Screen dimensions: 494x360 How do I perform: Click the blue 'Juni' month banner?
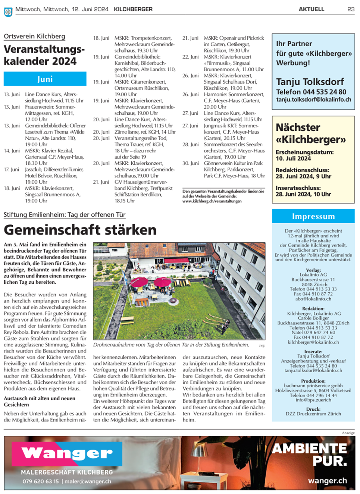tap(45, 79)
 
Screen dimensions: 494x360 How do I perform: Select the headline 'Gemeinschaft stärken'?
tap(80, 230)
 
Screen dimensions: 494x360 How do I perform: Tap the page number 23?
tap(351, 9)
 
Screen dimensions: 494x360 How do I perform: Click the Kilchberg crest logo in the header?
tap(8, 12)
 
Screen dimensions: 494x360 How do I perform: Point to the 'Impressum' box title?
tap(313, 217)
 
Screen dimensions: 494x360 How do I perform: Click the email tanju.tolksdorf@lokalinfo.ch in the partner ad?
tap(313, 100)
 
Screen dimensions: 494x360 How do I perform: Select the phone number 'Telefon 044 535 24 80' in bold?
tap(311, 91)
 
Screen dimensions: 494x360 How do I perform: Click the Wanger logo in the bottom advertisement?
tap(67, 454)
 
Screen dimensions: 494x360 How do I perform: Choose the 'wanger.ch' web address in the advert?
tap(327, 481)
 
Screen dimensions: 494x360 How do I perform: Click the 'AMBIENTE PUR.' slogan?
tap(310, 454)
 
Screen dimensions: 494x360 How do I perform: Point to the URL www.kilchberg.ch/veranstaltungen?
tap(212, 201)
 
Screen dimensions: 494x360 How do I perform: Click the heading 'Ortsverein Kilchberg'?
tap(34, 36)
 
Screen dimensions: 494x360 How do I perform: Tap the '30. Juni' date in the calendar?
tap(190, 163)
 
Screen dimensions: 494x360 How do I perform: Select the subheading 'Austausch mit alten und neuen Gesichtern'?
tap(39, 401)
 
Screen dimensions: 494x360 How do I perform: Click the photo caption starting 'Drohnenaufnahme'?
tap(171, 345)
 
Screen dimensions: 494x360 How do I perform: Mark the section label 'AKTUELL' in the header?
tap(311, 9)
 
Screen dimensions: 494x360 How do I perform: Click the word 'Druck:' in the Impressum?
tap(313, 409)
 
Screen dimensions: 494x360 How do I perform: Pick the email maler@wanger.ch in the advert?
tap(88, 481)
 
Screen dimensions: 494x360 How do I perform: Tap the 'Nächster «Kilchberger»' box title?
tap(310, 133)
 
